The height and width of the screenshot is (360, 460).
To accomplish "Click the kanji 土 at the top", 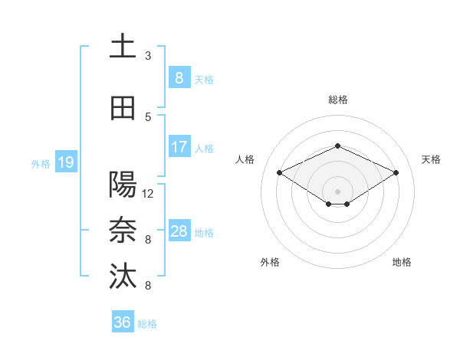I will pyautogui.click(x=123, y=45).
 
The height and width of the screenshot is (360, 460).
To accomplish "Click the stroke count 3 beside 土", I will pyautogui.click(x=148, y=56).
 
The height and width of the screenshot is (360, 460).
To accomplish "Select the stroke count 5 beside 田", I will pyautogui.click(x=148, y=117).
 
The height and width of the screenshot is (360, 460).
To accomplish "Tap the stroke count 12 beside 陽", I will pyautogui.click(x=148, y=194).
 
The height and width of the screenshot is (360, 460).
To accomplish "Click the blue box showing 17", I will pyautogui.click(x=179, y=147).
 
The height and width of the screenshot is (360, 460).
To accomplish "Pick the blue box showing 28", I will pyautogui.click(x=179, y=231).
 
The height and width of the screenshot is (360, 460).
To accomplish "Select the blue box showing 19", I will pyautogui.click(x=65, y=162).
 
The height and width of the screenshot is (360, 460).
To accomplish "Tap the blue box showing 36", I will pyautogui.click(x=122, y=323).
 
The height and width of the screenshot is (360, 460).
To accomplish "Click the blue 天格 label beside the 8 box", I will pyautogui.click(x=203, y=79).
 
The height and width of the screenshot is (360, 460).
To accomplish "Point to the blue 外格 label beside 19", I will pyautogui.click(x=41, y=163).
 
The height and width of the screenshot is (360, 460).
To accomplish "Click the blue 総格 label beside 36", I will pyautogui.click(x=147, y=324).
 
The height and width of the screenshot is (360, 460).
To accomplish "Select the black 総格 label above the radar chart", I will pyautogui.click(x=337, y=100).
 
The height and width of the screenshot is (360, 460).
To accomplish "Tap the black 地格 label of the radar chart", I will pyautogui.click(x=402, y=262).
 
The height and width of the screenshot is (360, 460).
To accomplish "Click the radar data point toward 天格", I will pyautogui.click(x=396, y=172).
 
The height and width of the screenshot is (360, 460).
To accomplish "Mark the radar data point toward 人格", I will pyautogui.click(x=280, y=172).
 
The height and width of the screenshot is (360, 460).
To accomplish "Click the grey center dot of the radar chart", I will pyautogui.click(x=337, y=190).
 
